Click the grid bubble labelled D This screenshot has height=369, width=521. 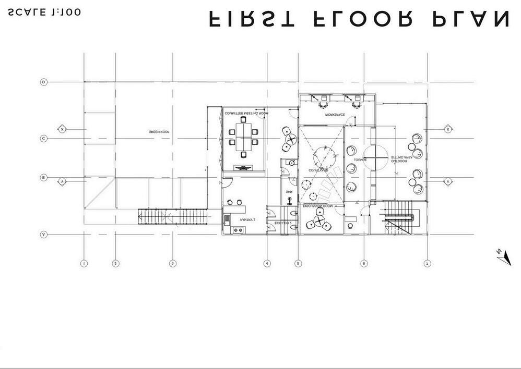[x=44, y=82]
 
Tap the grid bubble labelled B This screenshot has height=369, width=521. [x=44, y=178]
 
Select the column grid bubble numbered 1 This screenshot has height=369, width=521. [x=84, y=263]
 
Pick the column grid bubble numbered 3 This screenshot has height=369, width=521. [x=173, y=263]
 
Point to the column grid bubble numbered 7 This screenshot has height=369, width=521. [x=427, y=263]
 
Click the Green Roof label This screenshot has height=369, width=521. [x=159, y=132]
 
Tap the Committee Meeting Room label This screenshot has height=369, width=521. [x=246, y=113]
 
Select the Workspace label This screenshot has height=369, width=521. [x=335, y=114]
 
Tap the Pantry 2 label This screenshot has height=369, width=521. [x=247, y=220]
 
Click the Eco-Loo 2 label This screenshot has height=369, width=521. [x=282, y=223]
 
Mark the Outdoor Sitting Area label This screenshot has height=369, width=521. [x=401, y=159]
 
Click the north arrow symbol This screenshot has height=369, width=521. [x=503, y=257]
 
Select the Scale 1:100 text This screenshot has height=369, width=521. [x=44, y=13]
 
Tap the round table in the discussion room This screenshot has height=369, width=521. [x=318, y=223]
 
